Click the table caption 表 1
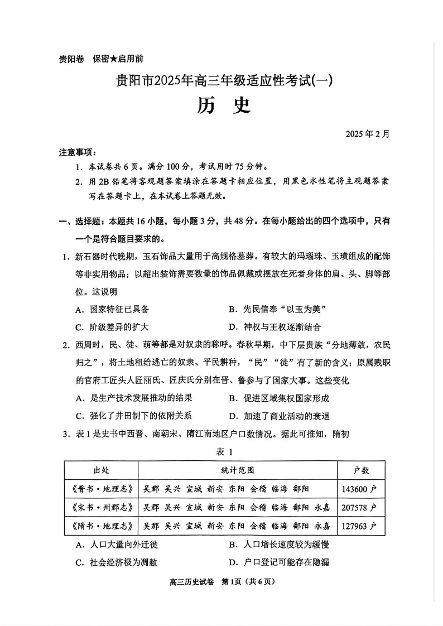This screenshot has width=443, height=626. coord(222,452)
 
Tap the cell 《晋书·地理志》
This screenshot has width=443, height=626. coord(100,489)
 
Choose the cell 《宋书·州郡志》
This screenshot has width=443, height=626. coord(100,507)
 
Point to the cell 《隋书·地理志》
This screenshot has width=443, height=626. coord(100,526)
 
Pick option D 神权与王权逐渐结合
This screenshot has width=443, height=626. coord(274,327)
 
